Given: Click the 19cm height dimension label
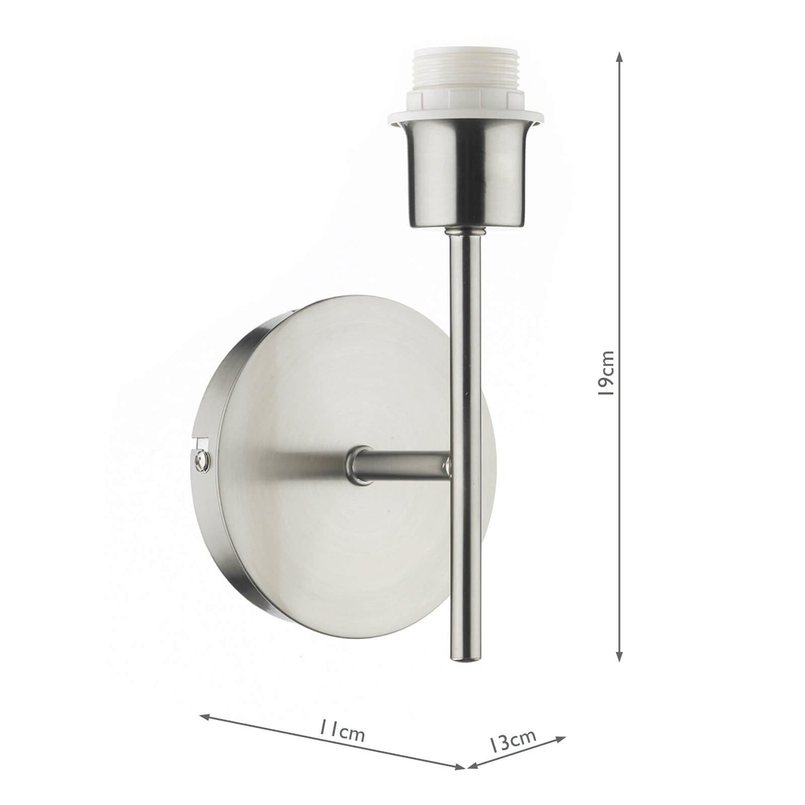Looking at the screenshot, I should pos(605,373).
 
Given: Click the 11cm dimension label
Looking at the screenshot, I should pos(341,731).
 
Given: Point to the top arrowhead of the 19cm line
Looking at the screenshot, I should pos(618,57).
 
